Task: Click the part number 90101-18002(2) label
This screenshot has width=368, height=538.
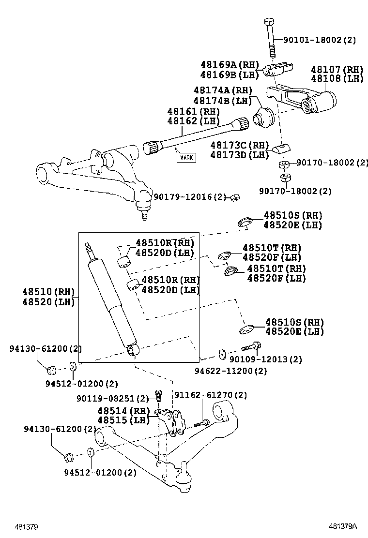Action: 320,40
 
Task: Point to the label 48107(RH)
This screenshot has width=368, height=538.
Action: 337,70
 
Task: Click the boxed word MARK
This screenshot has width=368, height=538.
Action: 186,157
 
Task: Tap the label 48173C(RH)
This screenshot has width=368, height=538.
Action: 239,145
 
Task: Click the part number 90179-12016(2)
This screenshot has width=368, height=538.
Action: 190,197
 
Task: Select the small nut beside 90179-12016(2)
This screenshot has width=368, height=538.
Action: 235,197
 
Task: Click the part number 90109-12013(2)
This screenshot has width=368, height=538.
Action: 266,359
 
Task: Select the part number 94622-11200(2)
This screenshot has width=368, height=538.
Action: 230,371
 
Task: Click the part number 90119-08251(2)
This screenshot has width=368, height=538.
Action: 112,399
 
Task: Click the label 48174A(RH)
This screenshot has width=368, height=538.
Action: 223,90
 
